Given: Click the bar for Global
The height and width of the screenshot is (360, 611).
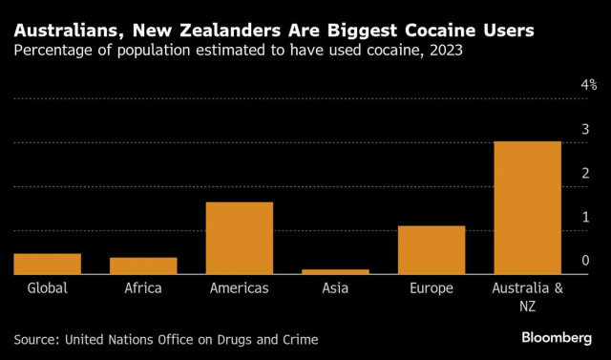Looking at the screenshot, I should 48,264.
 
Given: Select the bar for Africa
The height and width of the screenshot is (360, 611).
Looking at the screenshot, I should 143,265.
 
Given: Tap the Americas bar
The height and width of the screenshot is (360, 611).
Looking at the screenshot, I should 240,238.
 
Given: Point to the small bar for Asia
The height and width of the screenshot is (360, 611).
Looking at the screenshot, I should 335,271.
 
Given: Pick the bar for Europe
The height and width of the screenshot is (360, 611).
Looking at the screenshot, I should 431,250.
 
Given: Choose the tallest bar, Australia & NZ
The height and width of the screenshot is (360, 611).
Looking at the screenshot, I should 527,207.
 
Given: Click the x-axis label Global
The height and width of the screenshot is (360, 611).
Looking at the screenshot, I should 48,287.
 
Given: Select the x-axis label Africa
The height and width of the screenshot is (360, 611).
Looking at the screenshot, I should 143,287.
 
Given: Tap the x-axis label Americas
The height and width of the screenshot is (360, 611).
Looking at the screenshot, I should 240,287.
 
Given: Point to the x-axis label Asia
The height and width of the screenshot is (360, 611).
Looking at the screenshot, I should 335,287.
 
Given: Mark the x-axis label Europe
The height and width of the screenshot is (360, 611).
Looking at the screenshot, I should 431,287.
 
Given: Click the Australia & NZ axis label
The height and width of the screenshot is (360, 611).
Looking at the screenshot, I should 527,295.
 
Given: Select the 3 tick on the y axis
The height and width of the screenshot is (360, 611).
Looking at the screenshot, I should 586,129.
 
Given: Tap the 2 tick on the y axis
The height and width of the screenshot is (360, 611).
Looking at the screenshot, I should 586,173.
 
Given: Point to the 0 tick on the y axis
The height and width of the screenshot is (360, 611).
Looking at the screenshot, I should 586,260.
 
